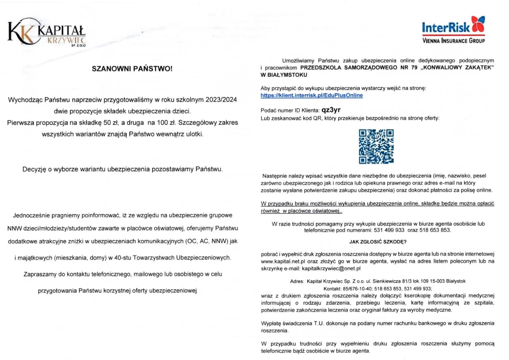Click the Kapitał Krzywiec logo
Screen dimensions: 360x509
click(46, 32)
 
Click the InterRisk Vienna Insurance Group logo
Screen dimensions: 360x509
click(453, 30)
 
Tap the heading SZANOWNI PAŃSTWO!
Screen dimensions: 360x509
click(132, 69)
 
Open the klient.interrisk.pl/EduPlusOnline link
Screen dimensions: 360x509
click(311, 95)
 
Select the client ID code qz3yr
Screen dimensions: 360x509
click(331, 110)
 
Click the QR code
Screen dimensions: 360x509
click(376, 147)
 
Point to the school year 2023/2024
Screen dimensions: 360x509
click(221, 100)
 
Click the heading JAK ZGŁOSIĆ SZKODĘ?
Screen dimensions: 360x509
click(378, 242)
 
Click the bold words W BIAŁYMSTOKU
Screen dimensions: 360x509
click(284, 75)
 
